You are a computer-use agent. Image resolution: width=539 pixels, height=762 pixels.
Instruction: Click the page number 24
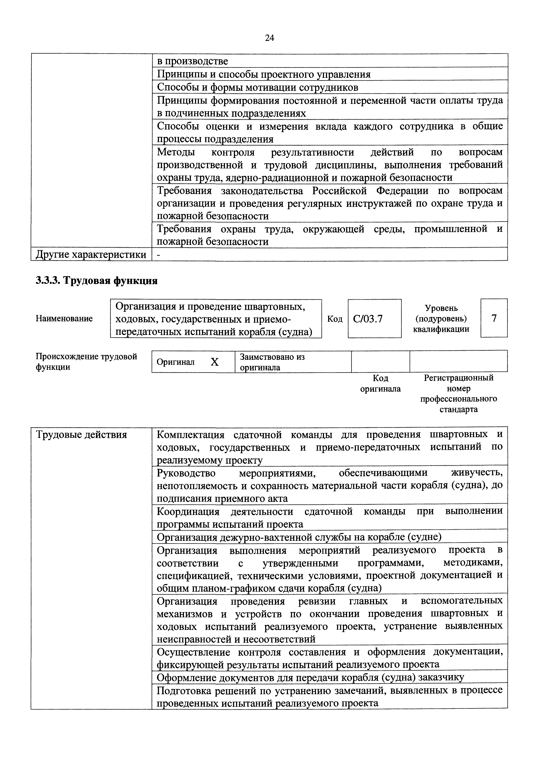point(269,38)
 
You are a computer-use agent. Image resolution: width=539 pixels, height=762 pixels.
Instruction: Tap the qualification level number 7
point(494,318)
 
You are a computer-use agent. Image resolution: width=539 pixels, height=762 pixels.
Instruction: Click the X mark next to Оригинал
point(215,362)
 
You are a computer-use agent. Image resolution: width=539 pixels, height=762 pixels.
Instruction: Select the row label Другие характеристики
point(91,254)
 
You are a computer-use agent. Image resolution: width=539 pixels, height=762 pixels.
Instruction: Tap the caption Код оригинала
point(380,383)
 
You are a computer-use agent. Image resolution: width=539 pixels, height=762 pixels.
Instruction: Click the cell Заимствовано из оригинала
point(272,362)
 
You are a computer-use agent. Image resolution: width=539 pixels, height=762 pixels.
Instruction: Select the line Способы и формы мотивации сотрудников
point(258,87)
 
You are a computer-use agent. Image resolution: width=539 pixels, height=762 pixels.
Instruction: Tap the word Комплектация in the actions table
point(190,435)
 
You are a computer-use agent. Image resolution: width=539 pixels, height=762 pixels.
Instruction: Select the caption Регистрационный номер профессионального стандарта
point(459,393)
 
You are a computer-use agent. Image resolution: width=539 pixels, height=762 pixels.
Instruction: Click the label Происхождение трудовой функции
point(86,362)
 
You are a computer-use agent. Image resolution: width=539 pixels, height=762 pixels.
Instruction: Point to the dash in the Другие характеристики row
point(158,254)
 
